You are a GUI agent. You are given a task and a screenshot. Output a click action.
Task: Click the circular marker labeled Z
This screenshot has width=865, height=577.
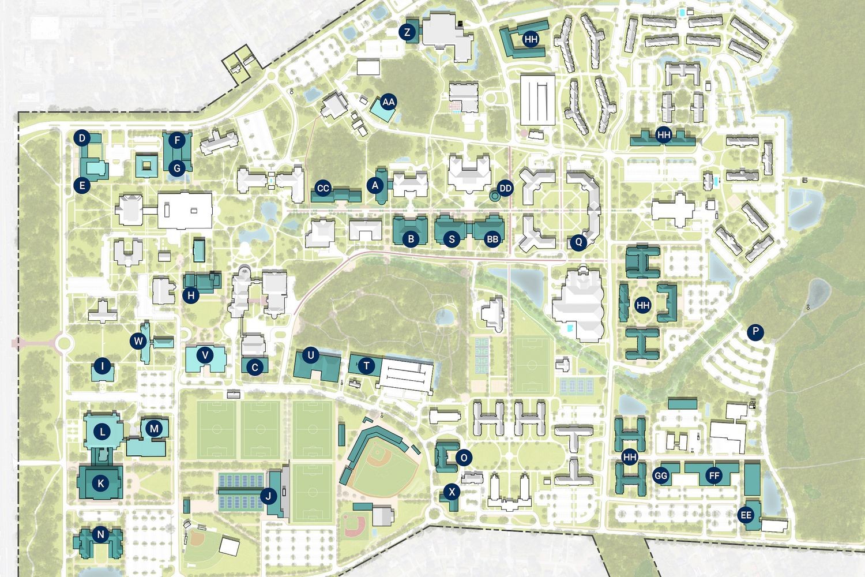pos(408,32)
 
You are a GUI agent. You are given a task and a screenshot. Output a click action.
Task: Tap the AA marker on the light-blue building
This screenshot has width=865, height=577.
pos(389,102)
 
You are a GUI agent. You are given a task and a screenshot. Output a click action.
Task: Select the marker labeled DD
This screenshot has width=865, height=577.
pos(505,188)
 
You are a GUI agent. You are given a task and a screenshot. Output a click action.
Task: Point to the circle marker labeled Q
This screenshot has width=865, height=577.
pos(578,242)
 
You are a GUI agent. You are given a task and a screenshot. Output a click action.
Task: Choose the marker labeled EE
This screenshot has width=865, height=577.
pos(746,515)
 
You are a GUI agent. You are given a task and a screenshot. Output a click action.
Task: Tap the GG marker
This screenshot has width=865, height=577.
pos(661,476)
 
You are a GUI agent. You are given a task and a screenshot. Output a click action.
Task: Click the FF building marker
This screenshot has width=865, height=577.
pos(714,476)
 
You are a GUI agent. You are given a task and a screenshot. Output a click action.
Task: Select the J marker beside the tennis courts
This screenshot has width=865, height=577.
pos(268,495)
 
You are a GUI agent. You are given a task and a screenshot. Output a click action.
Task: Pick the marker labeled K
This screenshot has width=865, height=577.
pos(101,484)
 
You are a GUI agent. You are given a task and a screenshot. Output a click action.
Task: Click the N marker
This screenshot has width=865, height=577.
pos(101,534)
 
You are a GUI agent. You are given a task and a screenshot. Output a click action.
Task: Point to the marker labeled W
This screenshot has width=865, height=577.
pos(138,341)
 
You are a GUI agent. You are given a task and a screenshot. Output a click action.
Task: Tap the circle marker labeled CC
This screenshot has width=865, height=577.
pos(323,188)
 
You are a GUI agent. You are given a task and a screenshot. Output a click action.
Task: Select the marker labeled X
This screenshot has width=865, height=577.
pos(452,492)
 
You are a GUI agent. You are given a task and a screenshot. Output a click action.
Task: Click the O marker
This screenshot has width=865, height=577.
pos(464,458)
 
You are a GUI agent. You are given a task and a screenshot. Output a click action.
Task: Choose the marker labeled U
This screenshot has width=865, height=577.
pos(311,355)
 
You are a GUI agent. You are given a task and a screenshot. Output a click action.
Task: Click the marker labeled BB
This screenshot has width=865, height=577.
pos(492,239)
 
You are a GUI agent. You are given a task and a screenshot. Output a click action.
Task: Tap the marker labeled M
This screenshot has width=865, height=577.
pos(154,429)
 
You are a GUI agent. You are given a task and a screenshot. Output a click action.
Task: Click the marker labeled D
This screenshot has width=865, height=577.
pos(82,138)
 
